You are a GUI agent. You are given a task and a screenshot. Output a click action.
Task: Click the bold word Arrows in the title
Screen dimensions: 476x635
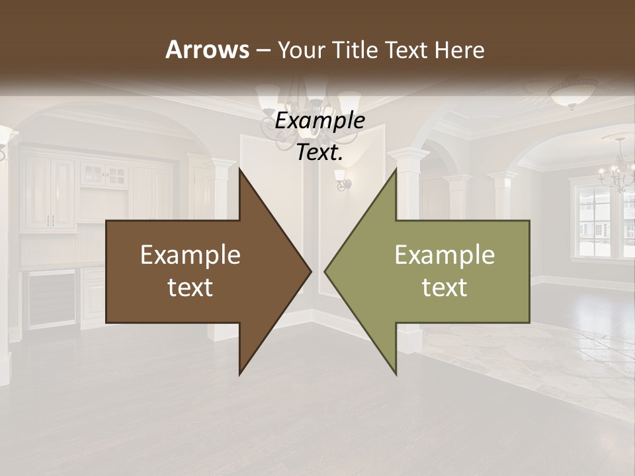pos(207,50)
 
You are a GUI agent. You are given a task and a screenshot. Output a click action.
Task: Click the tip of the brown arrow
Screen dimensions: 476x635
pos(309,271)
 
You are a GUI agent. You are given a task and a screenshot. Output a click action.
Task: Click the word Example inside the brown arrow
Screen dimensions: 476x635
pos(190,255)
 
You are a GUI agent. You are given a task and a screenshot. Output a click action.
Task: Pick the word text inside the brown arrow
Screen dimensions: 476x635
pos(190,288)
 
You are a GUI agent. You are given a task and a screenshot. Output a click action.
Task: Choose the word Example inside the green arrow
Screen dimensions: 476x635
pos(444,255)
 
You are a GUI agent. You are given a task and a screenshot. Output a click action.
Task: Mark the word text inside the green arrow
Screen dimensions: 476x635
pos(444,288)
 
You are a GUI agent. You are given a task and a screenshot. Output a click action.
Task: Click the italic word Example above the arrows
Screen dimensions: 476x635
pos(320,121)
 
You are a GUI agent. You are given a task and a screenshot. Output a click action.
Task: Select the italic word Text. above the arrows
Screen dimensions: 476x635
pos(320,152)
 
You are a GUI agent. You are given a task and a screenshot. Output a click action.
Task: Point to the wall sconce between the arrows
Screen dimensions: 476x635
pos(343,178)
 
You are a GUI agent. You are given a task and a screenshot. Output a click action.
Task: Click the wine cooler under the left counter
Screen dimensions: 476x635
pos(50,297)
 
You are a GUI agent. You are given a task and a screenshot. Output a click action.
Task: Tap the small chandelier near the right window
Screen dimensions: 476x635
pos(617,169)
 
